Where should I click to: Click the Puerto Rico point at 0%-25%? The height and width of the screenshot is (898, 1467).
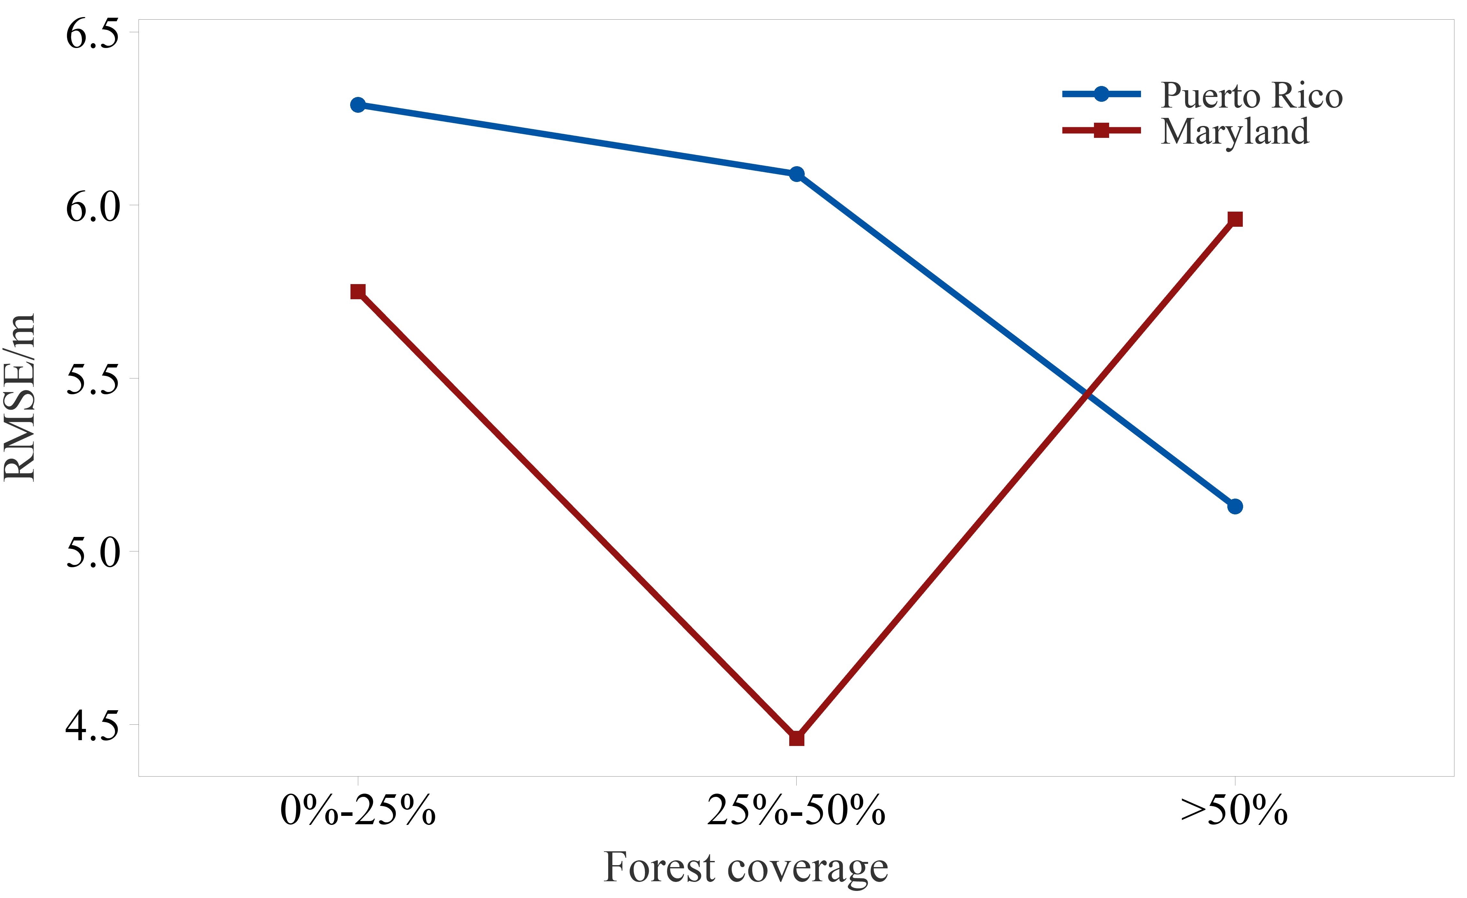(358, 105)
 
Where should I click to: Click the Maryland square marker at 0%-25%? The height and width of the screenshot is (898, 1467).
(358, 291)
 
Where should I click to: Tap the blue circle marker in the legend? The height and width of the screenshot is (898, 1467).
(1101, 94)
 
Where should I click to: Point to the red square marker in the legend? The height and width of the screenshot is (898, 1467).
(1101, 130)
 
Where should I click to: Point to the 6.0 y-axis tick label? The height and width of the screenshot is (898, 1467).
(92, 207)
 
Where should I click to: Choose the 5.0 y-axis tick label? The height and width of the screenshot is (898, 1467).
(92, 553)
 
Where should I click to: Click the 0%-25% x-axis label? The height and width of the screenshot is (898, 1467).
(358, 811)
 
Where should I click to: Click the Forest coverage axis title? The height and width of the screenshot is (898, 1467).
(746, 868)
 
